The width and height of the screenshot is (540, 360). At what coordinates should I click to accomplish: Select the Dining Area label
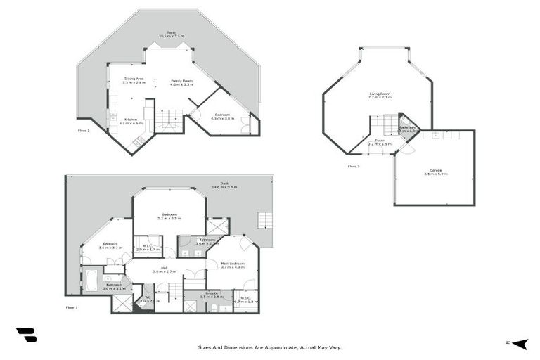click(x=134, y=79)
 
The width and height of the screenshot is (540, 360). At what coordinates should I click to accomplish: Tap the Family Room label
click(x=181, y=81)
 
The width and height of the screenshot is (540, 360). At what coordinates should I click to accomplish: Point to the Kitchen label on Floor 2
click(x=131, y=120)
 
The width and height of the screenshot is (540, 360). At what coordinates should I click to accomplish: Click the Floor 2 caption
click(x=84, y=130)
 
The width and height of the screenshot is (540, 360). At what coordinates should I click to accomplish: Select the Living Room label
click(x=380, y=94)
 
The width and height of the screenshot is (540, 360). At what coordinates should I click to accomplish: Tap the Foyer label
click(x=379, y=140)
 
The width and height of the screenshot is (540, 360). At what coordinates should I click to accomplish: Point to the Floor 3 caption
click(x=354, y=167)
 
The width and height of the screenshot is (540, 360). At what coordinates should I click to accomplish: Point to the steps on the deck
click(x=265, y=219)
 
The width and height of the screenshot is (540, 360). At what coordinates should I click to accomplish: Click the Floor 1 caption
click(x=72, y=307)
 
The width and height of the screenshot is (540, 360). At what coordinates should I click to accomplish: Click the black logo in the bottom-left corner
click(x=26, y=335)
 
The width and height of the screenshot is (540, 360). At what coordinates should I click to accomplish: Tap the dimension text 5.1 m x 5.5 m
click(x=170, y=219)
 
